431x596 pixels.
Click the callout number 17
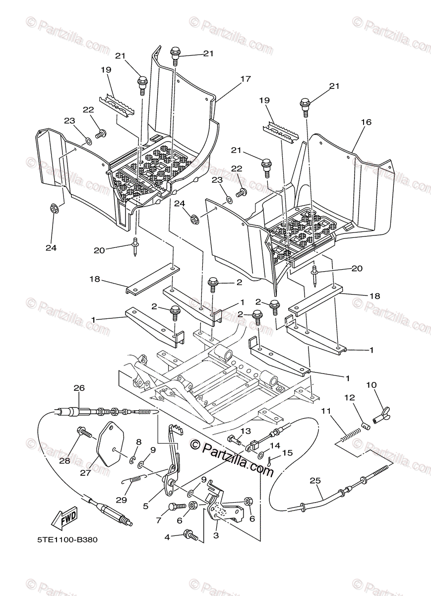(246, 78)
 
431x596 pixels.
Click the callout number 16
(366, 122)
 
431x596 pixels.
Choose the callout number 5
(146, 506)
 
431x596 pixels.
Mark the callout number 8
(139, 442)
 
